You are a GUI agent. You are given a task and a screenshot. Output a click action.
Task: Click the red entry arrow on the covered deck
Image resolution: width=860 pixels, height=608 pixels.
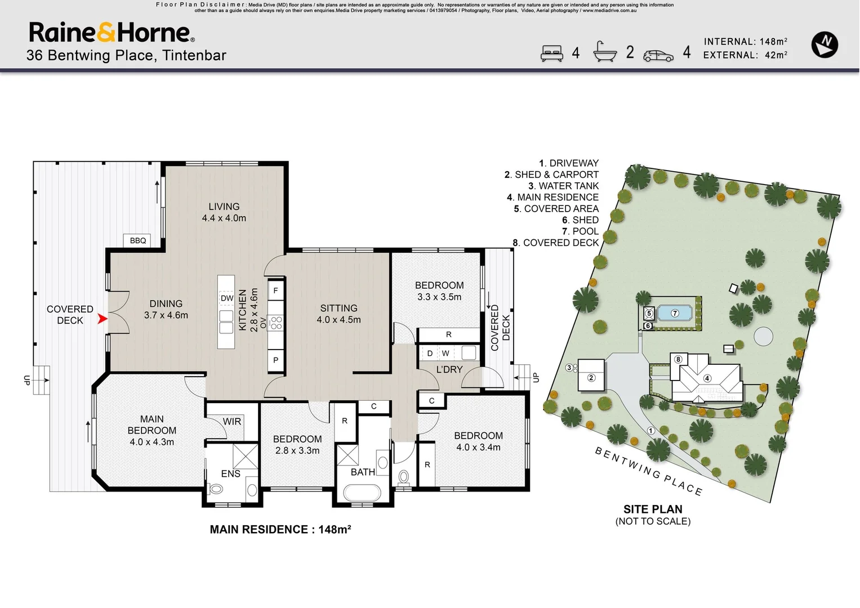(102, 319)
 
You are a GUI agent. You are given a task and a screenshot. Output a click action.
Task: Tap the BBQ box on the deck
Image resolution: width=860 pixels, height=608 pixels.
(137, 241)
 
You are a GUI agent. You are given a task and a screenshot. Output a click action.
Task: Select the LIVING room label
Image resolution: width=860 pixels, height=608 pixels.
(224, 207)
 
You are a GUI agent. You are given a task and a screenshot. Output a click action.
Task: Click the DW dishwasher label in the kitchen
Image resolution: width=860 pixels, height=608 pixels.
(227, 298)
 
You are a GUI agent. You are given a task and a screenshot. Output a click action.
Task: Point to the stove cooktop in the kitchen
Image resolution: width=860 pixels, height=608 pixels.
(276, 323)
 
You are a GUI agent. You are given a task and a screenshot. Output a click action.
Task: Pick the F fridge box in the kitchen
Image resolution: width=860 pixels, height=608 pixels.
(275, 290)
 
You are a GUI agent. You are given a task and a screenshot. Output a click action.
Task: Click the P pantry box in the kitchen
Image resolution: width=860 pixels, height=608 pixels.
(275, 360)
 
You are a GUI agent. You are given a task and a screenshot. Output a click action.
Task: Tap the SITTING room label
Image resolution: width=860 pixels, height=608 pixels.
(338, 309)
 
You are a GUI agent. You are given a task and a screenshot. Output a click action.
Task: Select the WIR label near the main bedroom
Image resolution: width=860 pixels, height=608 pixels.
(232, 422)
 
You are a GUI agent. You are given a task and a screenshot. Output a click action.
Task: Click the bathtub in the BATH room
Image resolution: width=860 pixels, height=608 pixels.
(362, 493)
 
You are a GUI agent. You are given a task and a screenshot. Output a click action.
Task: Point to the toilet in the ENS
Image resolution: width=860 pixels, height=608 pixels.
(216, 489)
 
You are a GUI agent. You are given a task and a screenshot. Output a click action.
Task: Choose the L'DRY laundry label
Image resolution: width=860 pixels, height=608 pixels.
(449, 370)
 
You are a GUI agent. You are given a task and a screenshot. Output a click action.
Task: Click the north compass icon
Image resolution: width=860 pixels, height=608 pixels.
(825, 45)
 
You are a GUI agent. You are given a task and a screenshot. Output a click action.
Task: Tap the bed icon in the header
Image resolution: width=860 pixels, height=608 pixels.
(552, 53)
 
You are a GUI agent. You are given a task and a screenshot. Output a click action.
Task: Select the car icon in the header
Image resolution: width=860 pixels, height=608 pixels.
(658, 56)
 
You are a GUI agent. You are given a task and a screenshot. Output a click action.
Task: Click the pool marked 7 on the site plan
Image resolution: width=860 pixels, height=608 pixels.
(675, 313)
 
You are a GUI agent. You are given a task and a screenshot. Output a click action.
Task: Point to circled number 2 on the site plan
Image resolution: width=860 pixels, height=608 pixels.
(591, 378)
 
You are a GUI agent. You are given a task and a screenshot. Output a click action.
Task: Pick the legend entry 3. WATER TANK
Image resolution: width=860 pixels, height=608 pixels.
(563, 186)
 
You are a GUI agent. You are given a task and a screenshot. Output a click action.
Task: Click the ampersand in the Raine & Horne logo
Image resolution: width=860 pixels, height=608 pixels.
(105, 32)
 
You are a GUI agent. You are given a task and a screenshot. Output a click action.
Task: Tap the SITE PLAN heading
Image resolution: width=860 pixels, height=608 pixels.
(653, 509)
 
